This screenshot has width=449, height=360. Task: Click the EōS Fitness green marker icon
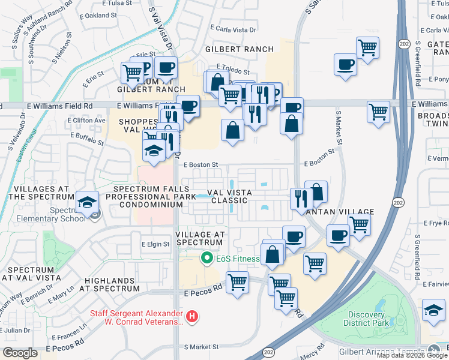click(x=207, y=259)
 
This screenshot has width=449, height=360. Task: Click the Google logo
click(x=20, y=353)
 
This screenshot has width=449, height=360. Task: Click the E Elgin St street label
click(x=155, y=244)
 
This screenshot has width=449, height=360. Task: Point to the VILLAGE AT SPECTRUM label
click(x=200, y=238)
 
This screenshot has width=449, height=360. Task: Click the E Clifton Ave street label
click(x=86, y=121)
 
